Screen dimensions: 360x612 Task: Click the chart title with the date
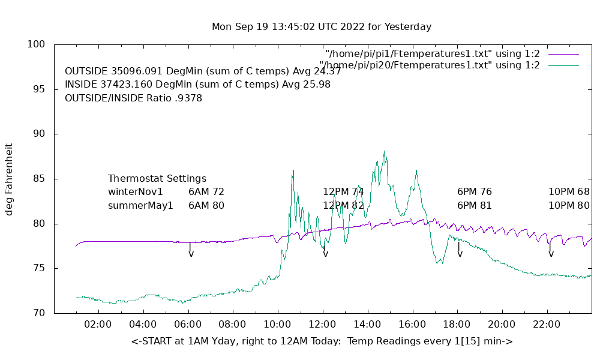click(x=322, y=27)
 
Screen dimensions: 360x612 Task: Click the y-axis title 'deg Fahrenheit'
click(x=9, y=179)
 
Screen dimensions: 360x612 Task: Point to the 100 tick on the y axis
click(x=37, y=44)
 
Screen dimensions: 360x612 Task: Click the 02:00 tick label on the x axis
click(x=98, y=324)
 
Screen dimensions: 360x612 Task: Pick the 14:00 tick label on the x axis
click(x=367, y=324)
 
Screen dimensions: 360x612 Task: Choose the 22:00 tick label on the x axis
click(x=547, y=324)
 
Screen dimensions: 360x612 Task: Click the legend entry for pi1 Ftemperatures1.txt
click(x=432, y=54)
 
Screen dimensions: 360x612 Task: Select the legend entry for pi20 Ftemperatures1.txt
click(x=430, y=65)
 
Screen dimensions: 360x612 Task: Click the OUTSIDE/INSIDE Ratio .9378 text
click(x=133, y=98)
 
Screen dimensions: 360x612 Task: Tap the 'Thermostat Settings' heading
click(x=157, y=179)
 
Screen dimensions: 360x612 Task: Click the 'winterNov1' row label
click(x=136, y=192)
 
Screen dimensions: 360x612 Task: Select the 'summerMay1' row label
click(x=140, y=205)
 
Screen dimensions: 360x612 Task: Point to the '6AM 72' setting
click(x=206, y=192)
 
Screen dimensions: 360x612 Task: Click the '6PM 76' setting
click(x=475, y=192)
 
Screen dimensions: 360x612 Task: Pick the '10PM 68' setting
click(x=569, y=192)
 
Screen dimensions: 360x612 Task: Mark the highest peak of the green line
click(x=384, y=152)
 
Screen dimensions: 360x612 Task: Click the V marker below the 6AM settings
click(x=191, y=254)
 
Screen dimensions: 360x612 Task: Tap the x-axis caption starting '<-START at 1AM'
click(x=322, y=341)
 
